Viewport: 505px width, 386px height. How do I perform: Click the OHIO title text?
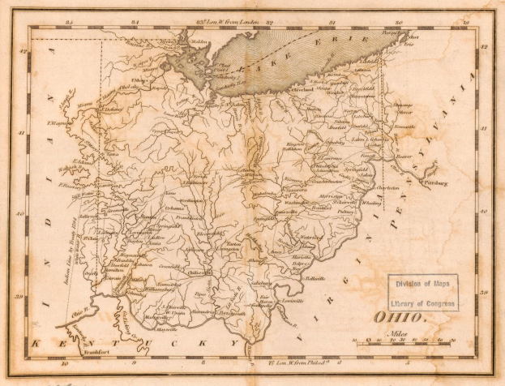tap(399, 317)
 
